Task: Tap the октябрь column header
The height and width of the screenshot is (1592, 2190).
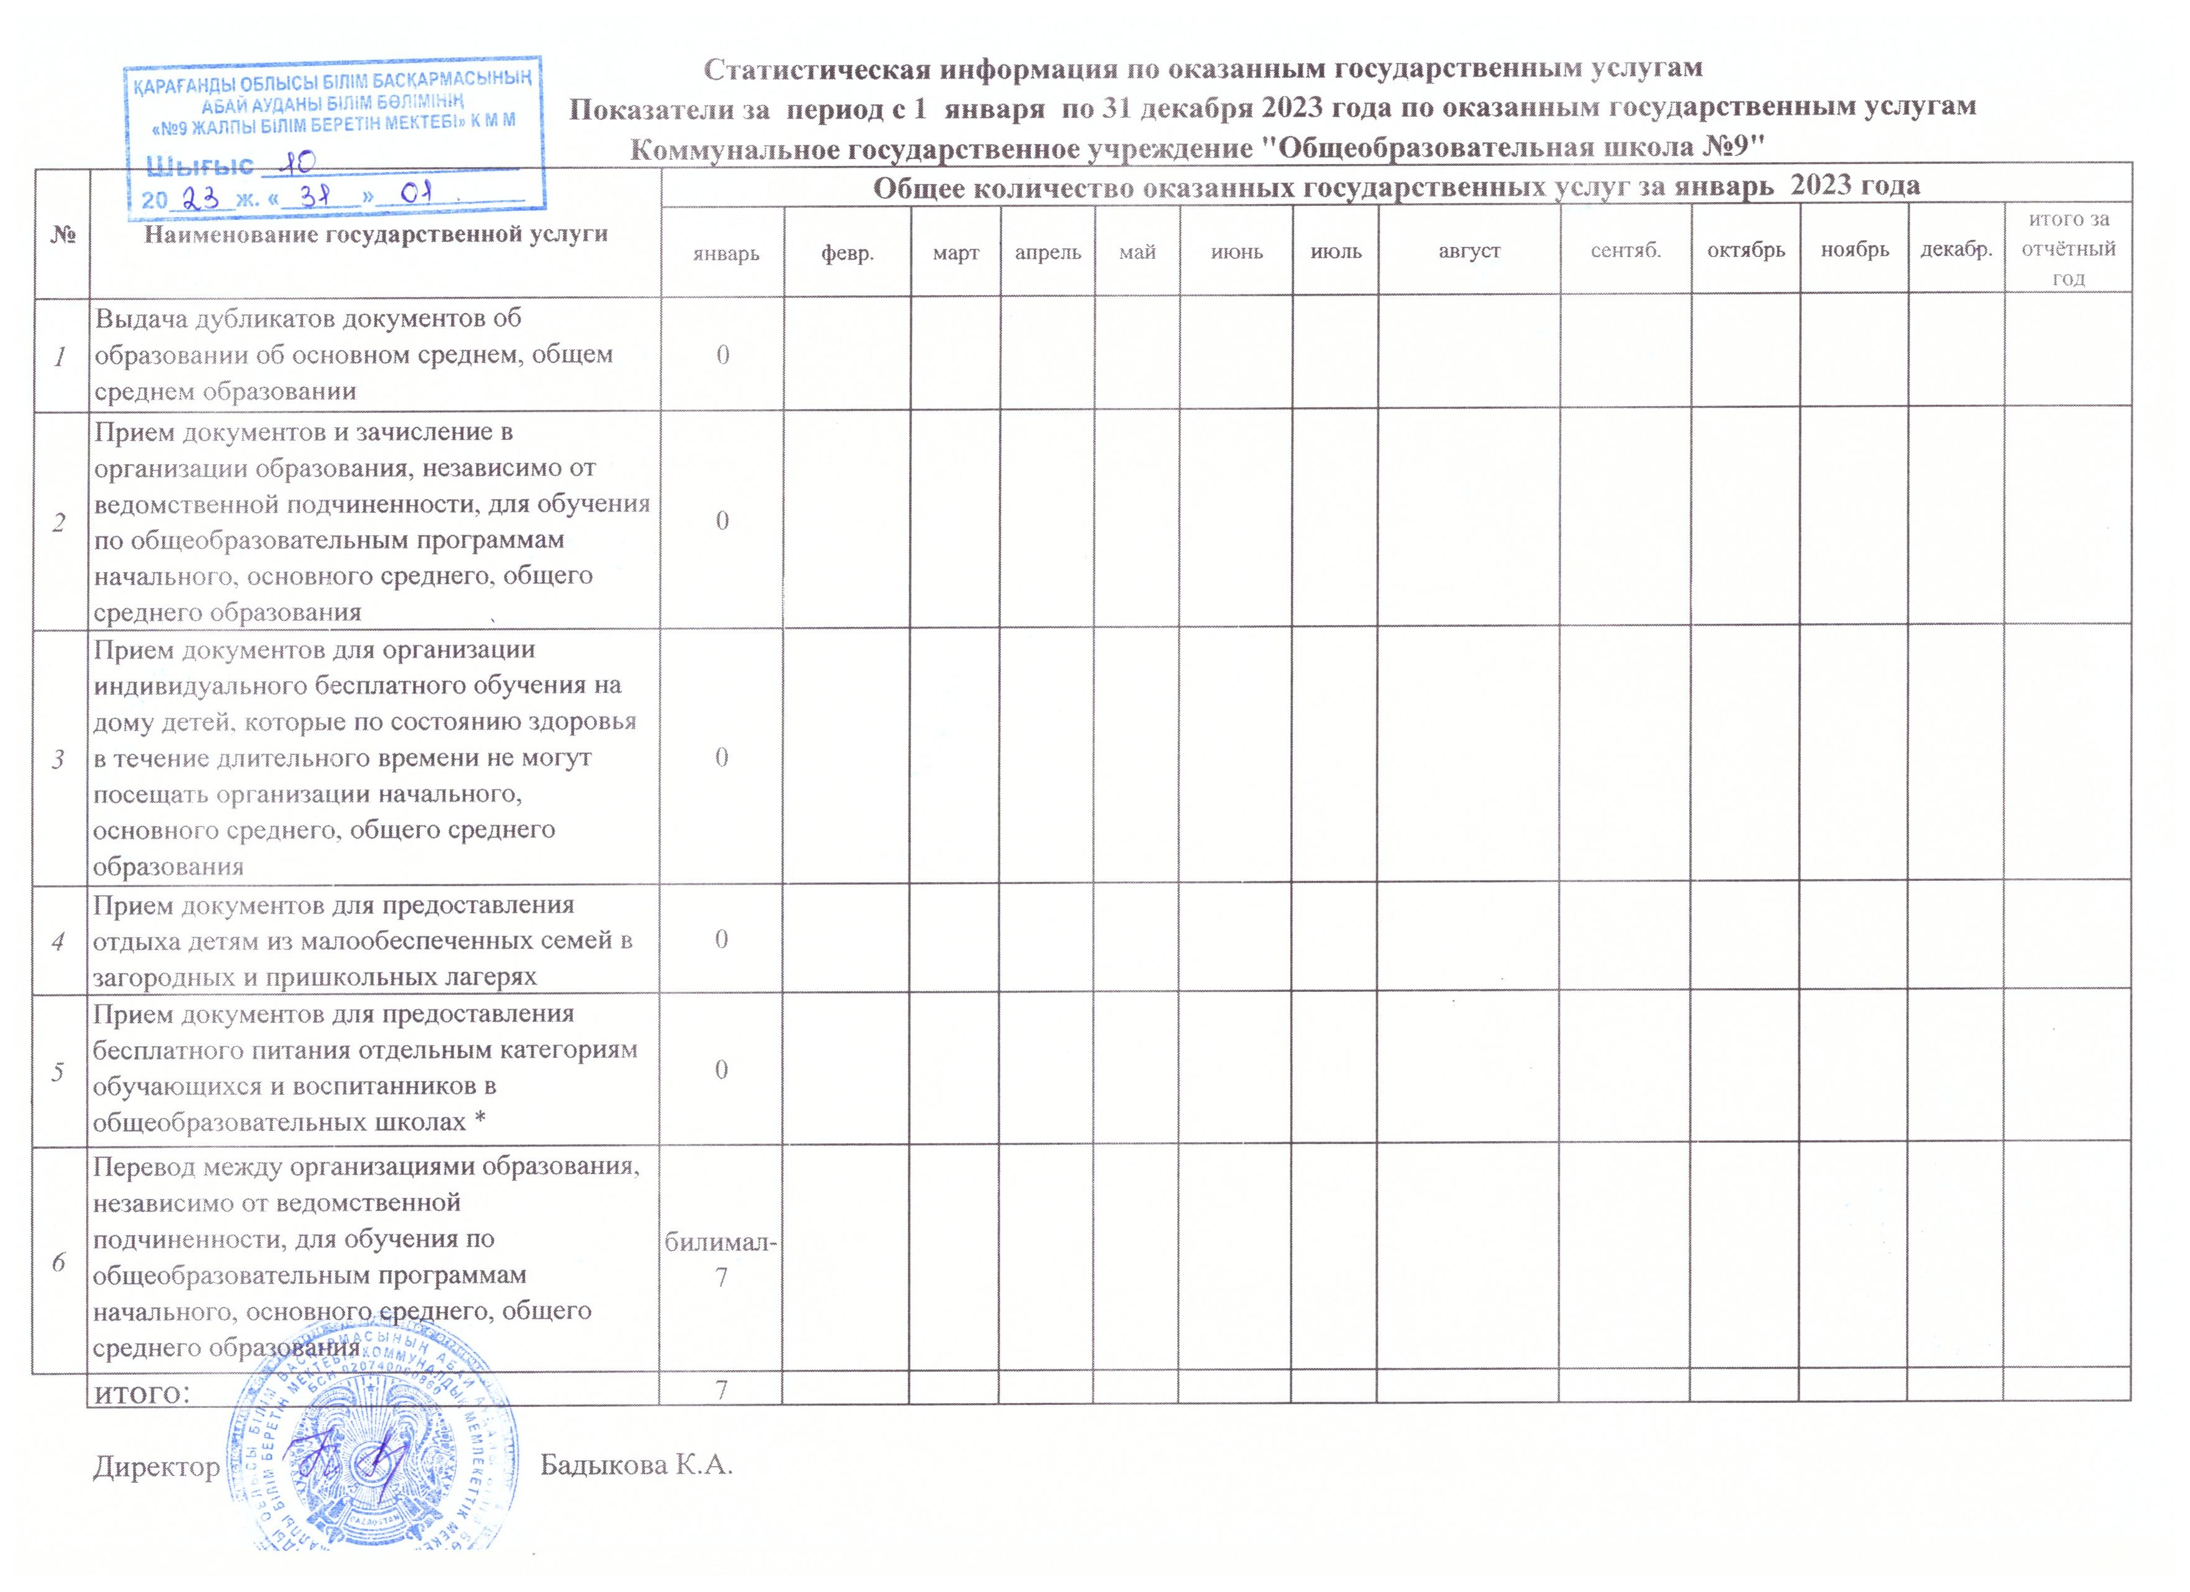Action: pyautogui.click(x=1746, y=250)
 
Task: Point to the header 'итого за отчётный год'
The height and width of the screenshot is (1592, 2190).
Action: pyautogui.click(x=2068, y=249)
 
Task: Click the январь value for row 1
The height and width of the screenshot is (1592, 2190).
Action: pyautogui.click(x=723, y=354)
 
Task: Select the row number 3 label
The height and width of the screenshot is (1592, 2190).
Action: pyautogui.click(x=60, y=759)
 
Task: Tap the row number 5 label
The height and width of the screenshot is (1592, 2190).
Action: pyautogui.click(x=60, y=1072)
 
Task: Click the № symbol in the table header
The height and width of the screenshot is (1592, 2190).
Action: pyautogui.click(x=62, y=235)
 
